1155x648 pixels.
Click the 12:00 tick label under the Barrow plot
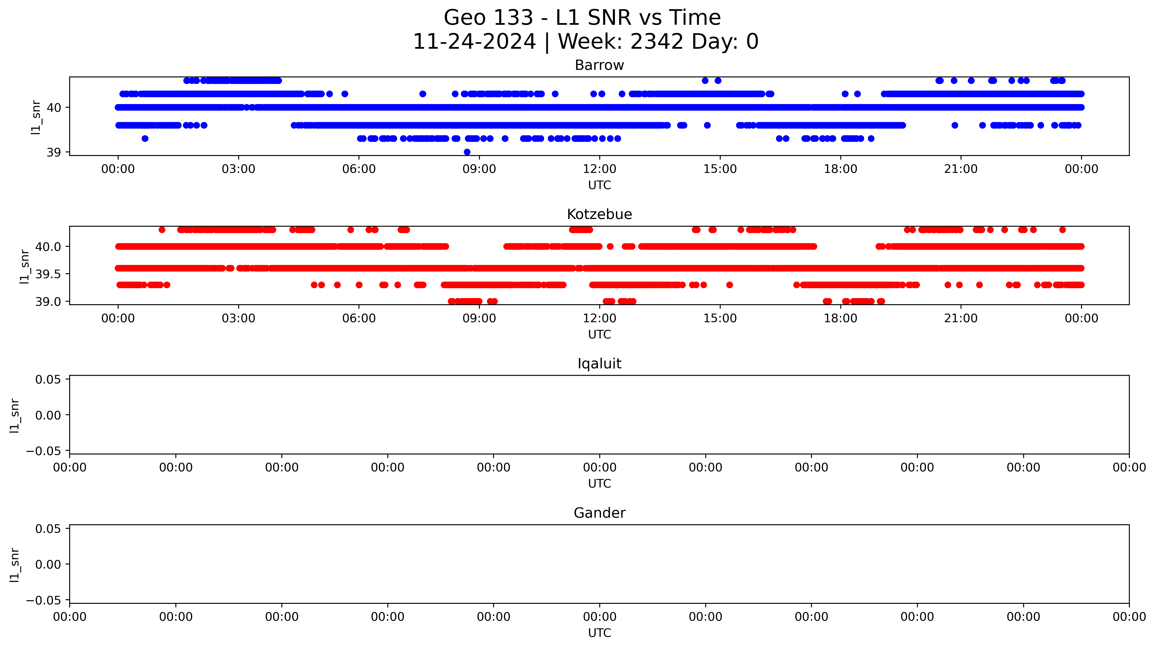tap(600, 169)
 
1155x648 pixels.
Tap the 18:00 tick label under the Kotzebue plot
tap(840, 318)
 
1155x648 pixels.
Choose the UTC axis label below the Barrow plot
tap(600, 185)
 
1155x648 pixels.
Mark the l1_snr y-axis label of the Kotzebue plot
tap(25, 266)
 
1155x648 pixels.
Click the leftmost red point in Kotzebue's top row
tap(162, 230)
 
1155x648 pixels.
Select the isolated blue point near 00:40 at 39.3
tap(145, 139)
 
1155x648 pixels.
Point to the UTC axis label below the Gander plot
tap(600, 633)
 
